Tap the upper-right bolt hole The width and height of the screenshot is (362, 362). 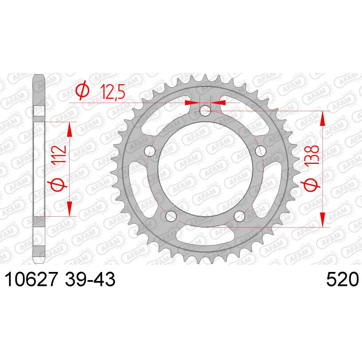pyautogui.click(x=260, y=151)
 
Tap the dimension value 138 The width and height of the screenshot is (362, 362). pyautogui.click(x=312, y=157)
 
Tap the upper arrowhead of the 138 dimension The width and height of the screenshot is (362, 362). pyautogui.click(x=322, y=119)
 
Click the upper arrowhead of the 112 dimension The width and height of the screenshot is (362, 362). pyautogui.click(x=70, y=130)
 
